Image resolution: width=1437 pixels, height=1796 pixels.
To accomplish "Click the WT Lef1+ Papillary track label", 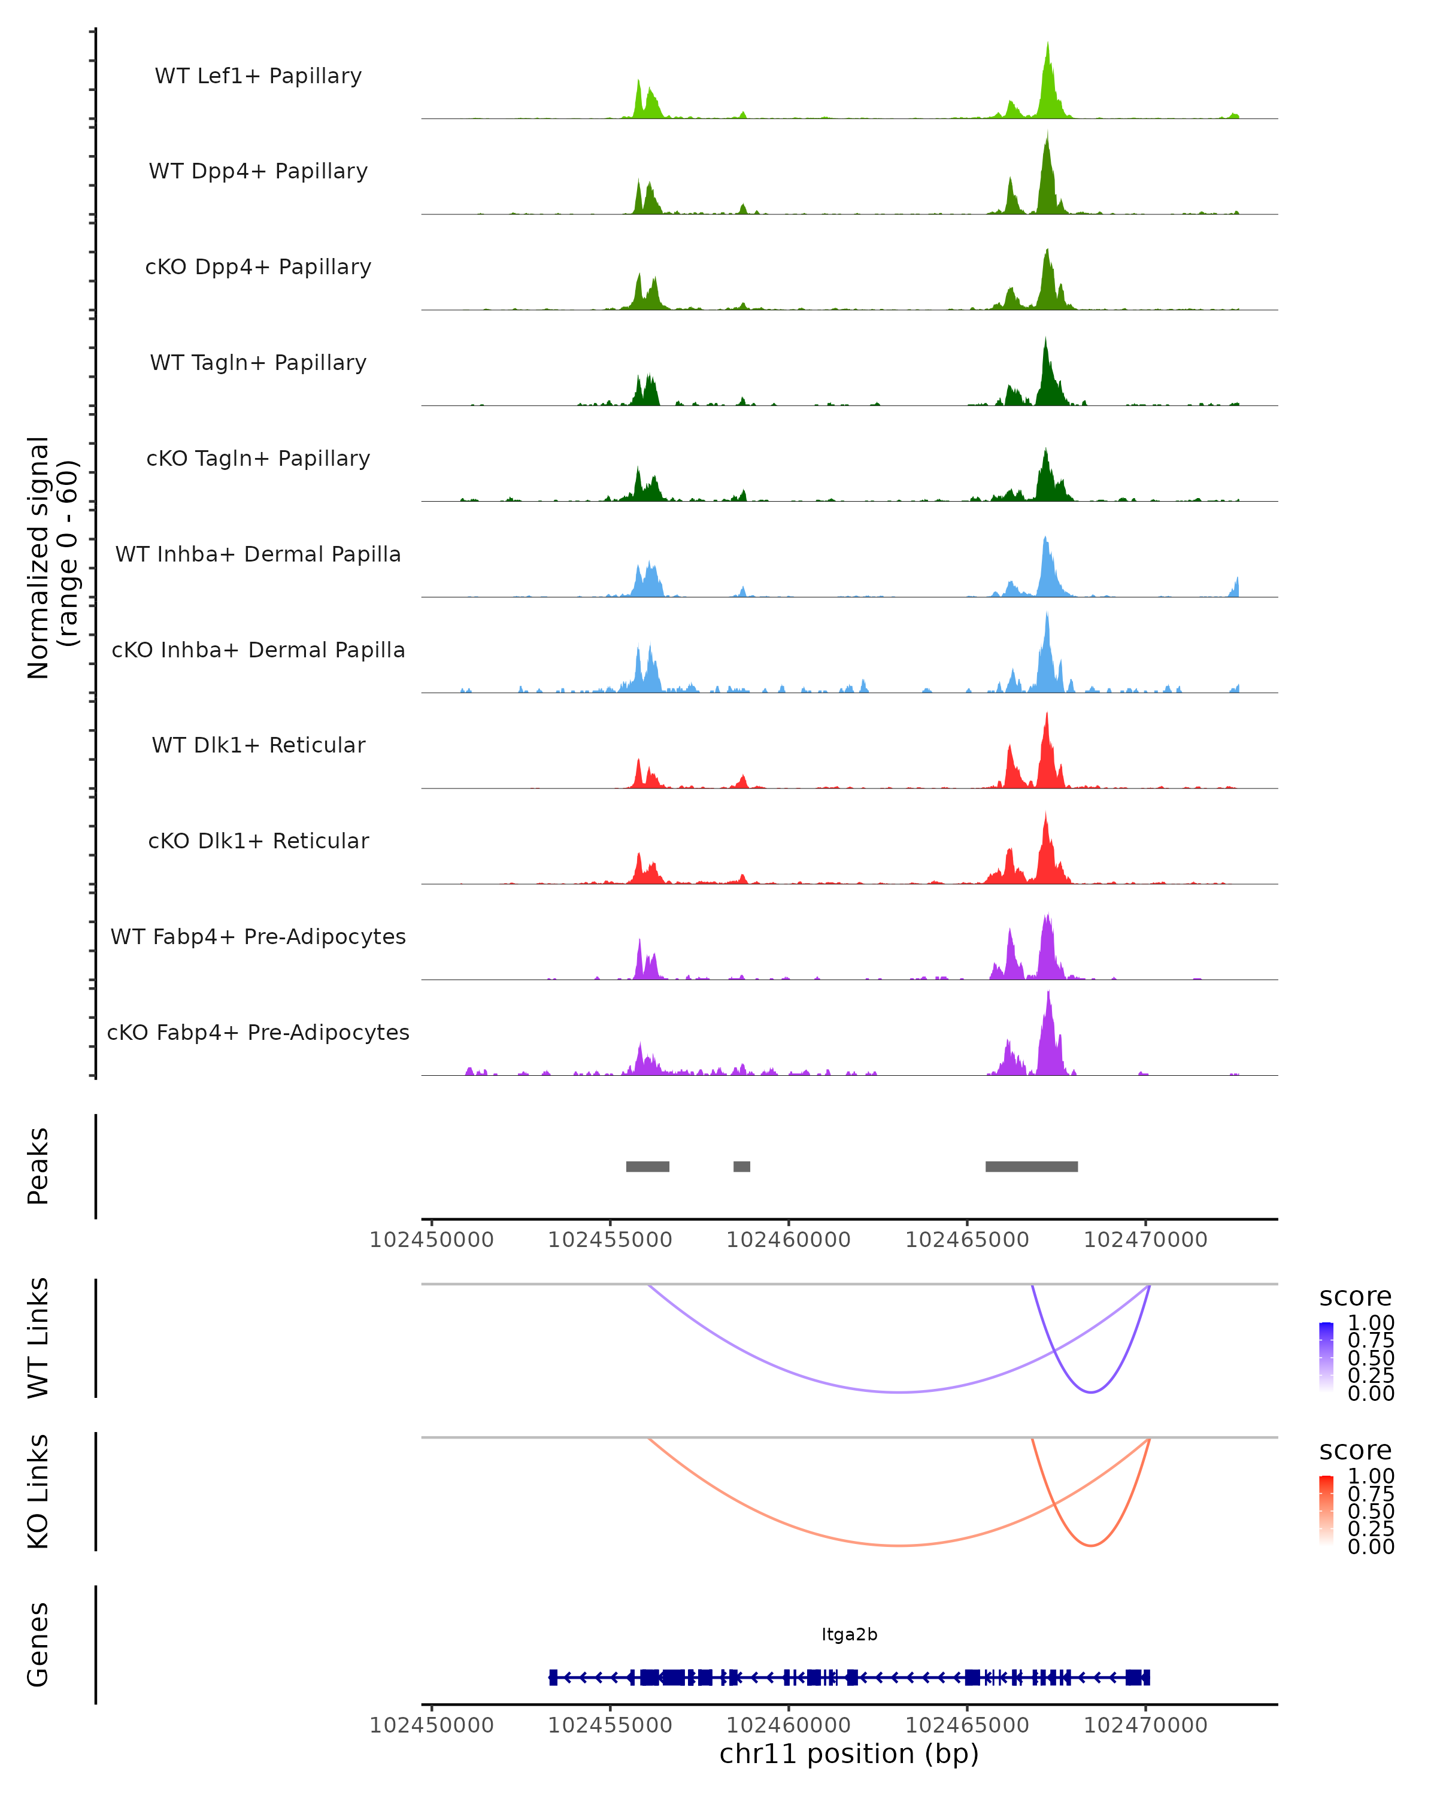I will (x=258, y=76).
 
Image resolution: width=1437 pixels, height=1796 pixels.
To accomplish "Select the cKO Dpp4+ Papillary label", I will (x=258, y=268).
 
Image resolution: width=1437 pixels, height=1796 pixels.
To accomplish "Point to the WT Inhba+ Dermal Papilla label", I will (x=258, y=555).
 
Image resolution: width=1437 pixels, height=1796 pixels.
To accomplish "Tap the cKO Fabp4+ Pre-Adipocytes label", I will (x=258, y=1033).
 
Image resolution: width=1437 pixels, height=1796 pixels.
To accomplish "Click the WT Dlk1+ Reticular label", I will (x=258, y=745).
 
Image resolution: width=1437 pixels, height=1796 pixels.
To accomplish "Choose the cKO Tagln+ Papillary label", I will (x=258, y=459).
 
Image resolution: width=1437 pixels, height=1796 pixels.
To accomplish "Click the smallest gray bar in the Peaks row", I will (x=741, y=1166).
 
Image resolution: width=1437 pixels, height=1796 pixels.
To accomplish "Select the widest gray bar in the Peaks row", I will (x=1031, y=1166).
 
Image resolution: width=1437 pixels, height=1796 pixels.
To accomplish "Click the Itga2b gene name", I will (x=849, y=1634).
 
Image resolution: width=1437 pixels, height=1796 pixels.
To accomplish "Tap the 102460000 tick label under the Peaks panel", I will (x=788, y=1240).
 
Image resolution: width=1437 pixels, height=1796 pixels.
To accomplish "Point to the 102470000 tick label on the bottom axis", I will (x=1145, y=1725).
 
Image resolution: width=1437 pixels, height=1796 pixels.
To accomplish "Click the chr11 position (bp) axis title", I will (x=849, y=1753).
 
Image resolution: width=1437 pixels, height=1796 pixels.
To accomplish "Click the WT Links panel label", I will (x=38, y=1338).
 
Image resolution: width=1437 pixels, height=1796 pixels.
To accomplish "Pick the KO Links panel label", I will (x=38, y=1491).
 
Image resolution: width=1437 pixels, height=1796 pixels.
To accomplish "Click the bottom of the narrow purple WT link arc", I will (x=1090, y=1392).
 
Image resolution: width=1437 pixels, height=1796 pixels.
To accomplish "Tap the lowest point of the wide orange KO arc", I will (x=899, y=1545).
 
